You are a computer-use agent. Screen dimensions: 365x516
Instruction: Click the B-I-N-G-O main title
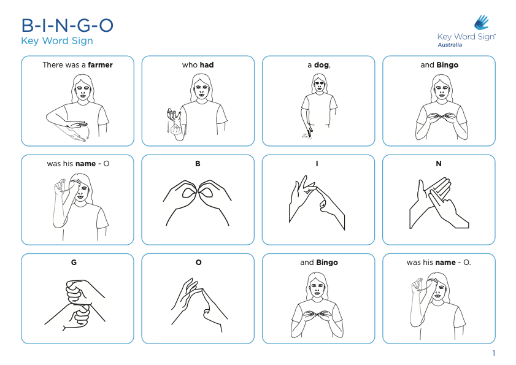pyautogui.click(x=67, y=26)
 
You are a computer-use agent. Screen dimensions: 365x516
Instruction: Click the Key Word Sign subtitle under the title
pyautogui.click(x=57, y=41)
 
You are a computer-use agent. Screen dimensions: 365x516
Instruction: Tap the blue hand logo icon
pyautogui.click(x=482, y=23)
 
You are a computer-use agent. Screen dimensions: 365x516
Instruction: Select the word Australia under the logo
pyautogui.click(x=450, y=45)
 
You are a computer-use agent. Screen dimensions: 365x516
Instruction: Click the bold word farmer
pyautogui.click(x=100, y=65)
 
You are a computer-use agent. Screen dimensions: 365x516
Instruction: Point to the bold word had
pyautogui.click(x=206, y=65)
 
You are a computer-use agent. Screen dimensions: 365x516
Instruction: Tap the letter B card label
pyautogui.click(x=198, y=164)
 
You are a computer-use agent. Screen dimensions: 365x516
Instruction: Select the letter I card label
pyautogui.click(x=318, y=164)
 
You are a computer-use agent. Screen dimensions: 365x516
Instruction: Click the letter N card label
pyautogui.click(x=439, y=164)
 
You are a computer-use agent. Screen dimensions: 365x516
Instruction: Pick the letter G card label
pyautogui.click(x=74, y=263)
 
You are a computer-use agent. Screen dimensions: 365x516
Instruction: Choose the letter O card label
pyautogui.click(x=198, y=263)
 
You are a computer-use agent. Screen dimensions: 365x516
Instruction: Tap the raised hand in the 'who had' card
pyautogui.click(x=174, y=113)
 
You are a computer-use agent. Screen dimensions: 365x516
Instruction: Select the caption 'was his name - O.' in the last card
pyautogui.click(x=438, y=263)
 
